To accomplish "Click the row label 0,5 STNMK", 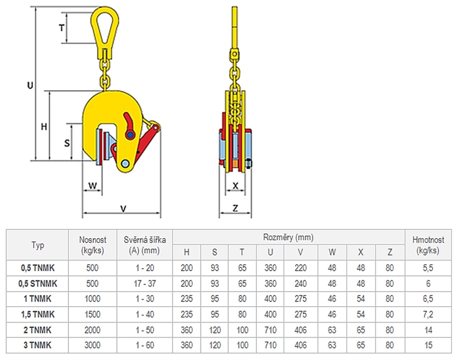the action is click(38, 283).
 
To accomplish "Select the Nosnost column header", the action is click(93, 245).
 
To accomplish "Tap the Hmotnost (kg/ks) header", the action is click(428, 245).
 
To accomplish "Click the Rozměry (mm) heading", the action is click(288, 237).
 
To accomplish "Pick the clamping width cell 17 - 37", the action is click(145, 283).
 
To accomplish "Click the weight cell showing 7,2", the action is click(428, 314).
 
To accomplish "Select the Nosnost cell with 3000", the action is click(92, 345).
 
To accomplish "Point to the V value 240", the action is click(300, 283).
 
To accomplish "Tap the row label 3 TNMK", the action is click(37, 345).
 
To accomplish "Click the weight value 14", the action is click(428, 330).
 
